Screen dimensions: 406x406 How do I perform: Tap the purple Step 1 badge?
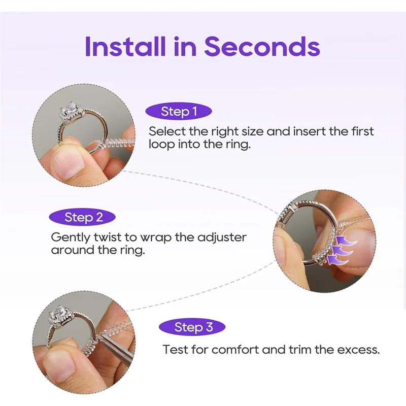[x=179, y=112]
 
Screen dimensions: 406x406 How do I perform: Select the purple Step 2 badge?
[x=83, y=218]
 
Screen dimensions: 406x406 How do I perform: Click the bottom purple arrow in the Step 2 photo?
[x=334, y=260]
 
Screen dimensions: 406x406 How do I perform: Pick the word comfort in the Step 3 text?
[x=236, y=350]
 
